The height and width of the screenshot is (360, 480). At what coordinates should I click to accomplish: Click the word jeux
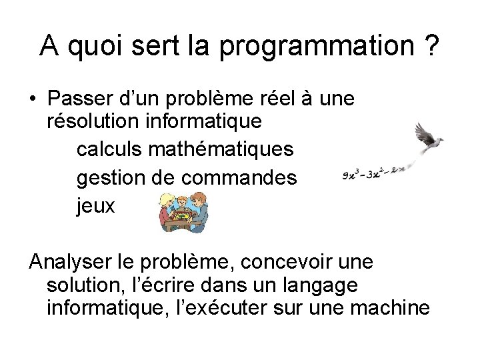coord(96,207)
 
